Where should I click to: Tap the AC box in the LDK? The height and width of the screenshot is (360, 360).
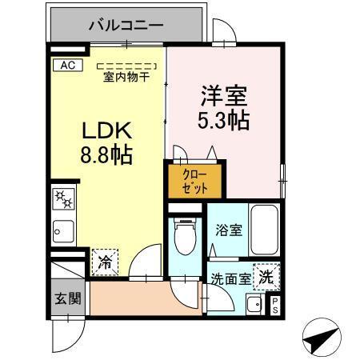tap(67, 66)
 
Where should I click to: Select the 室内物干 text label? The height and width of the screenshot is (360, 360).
tap(127, 78)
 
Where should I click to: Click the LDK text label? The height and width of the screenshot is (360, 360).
tap(106, 130)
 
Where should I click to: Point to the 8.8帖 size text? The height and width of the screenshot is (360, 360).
tap(105, 154)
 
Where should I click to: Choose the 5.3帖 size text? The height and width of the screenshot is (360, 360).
tap(223, 121)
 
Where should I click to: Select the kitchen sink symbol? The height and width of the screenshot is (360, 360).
tap(62, 232)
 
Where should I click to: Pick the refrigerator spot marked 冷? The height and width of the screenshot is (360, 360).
tap(105, 260)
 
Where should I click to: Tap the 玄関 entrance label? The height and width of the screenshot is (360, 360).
tap(67, 298)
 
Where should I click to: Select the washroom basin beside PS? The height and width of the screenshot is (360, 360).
tap(254, 304)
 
